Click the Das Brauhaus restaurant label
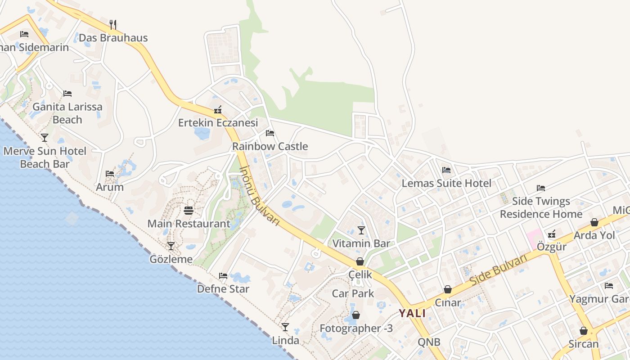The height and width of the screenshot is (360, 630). click(x=113, y=38)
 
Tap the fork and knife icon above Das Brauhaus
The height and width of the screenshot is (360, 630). click(x=113, y=24)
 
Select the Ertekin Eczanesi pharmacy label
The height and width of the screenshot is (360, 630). click(x=218, y=123)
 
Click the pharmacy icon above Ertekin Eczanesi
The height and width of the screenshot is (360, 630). click(x=218, y=109)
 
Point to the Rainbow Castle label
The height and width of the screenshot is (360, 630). click(x=270, y=146)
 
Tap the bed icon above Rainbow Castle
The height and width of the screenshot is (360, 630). click(x=270, y=133)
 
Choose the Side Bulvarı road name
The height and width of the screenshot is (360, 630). click(x=498, y=270)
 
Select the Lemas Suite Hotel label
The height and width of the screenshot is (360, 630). click(x=446, y=183)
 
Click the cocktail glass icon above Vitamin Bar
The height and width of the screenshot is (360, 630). click(x=361, y=230)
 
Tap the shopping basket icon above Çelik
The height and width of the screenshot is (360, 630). click(x=360, y=261)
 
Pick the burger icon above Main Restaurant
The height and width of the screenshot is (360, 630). click(x=189, y=210)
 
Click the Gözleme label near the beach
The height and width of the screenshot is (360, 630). click(x=171, y=259)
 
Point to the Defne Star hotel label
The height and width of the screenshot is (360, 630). click(x=223, y=289)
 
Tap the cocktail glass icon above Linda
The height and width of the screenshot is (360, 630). click(x=285, y=327)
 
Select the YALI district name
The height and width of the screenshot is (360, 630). click(x=412, y=314)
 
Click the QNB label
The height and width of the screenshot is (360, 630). click(x=429, y=342)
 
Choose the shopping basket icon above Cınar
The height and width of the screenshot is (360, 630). click(x=448, y=289)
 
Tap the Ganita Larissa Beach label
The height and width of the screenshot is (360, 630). click(x=67, y=113)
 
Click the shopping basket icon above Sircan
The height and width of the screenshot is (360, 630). click(x=584, y=331)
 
